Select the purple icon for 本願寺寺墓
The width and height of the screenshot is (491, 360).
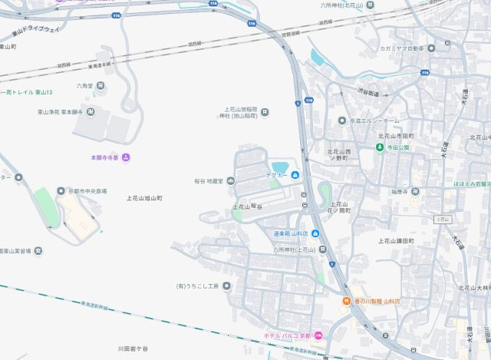(126, 157)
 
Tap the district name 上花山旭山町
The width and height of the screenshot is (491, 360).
(144, 198)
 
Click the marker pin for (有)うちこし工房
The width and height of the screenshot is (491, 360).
(226, 286)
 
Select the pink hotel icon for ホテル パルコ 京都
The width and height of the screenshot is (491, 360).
(318, 335)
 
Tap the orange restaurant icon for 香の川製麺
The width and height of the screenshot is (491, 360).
(346, 302)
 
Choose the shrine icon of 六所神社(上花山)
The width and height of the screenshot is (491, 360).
(323, 249)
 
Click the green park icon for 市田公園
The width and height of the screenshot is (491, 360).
(379, 147)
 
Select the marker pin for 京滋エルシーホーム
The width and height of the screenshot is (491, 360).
(342, 121)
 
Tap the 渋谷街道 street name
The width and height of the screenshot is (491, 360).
(367, 93)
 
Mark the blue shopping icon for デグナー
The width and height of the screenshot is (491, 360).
(296, 175)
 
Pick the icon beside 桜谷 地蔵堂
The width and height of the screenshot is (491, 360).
(230, 181)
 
